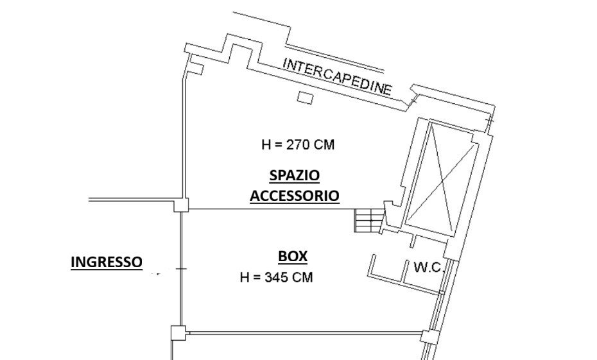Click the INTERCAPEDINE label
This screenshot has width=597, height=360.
click(337, 76)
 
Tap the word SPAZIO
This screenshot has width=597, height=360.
click(294, 175)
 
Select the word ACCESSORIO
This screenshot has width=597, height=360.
click(294, 196)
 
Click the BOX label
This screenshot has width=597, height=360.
click(293, 257)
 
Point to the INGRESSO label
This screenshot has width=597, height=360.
click(107, 262)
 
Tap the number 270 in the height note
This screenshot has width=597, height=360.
click(299, 144)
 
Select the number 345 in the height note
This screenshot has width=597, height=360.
click(277, 277)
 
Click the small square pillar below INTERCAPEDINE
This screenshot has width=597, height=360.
click(305, 98)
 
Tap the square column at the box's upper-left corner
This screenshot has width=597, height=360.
click(181, 205)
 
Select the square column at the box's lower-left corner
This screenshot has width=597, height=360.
click(178, 333)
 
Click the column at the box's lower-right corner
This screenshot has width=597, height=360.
click(428, 337)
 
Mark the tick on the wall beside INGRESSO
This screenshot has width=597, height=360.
click(181, 269)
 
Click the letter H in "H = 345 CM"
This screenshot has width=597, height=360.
click(245, 277)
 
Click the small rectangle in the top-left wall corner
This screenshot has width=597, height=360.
click(197, 69)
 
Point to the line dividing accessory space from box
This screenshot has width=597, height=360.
click(272, 209)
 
